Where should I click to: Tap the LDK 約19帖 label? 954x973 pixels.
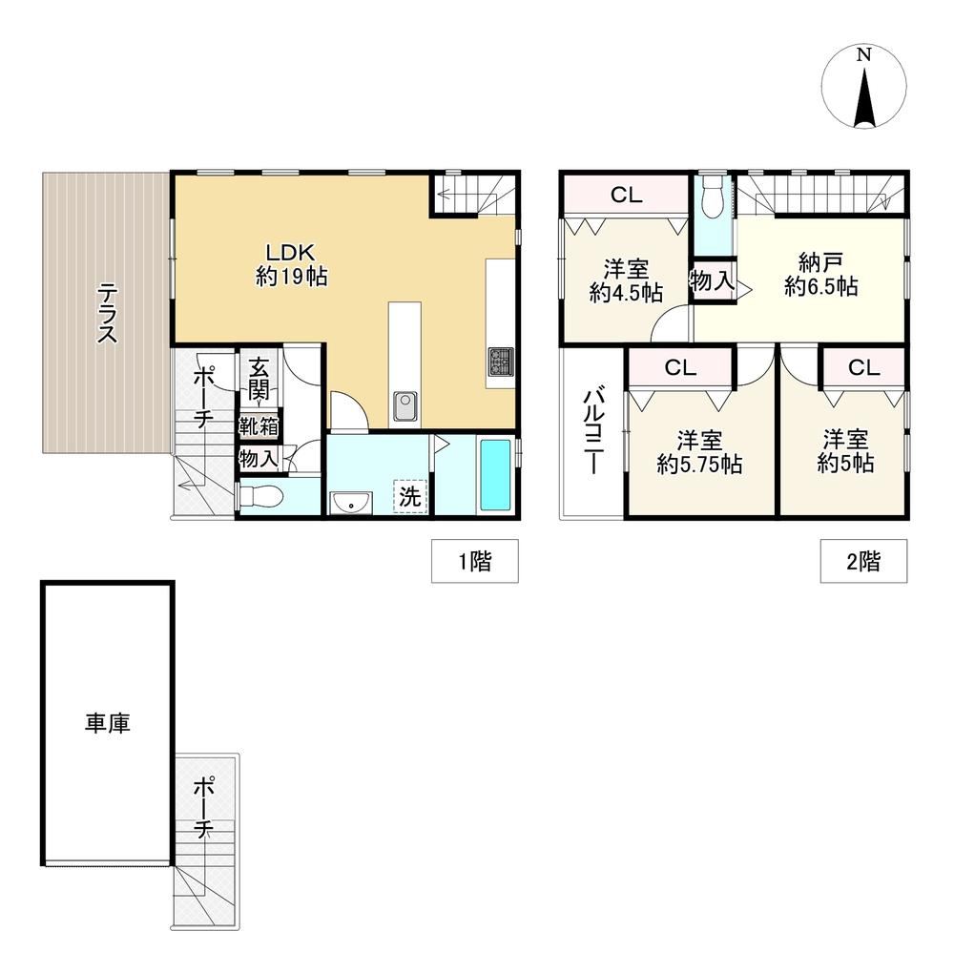[x=291, y=264]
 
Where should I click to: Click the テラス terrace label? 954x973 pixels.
[x=108, y=313]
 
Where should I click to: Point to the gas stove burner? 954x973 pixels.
[x=501, y=362]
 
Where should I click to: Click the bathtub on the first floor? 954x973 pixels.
[x=496, y=475]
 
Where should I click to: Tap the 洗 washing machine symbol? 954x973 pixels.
[x=409, y=496]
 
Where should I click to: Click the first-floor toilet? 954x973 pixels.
[x=260, y=496]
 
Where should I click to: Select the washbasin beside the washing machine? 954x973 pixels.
[x=351, y=503]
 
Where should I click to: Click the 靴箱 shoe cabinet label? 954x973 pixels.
[x=259, y=427]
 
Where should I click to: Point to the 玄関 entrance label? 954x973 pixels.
[x=259, y=379]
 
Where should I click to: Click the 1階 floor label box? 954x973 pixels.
[x=475, y=561]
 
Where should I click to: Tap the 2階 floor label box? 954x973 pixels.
[x=863, y=561]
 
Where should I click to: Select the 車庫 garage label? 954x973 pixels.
[x=108, y=723]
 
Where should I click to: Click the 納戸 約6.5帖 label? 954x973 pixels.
[x=820, y=275]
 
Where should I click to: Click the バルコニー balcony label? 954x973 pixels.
[x=594, y=430]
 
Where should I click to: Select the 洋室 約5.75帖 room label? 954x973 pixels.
[x=699, y=452]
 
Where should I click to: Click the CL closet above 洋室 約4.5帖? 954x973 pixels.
[x=626, y=195]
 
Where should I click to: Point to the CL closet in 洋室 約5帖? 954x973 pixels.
[x=864, y=367]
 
